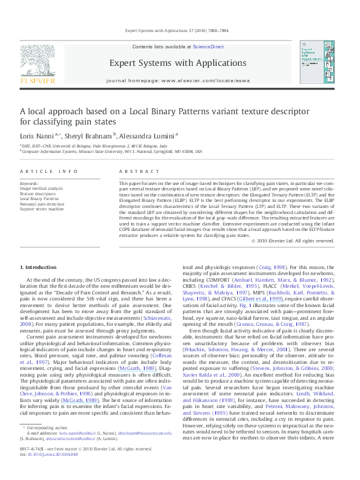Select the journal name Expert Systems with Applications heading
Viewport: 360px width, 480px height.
tap(178, 63)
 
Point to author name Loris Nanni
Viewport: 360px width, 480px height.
tap(37, 137)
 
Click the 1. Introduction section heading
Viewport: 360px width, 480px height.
tap(39, 267)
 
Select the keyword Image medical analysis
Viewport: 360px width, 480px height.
tap(41, 188)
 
